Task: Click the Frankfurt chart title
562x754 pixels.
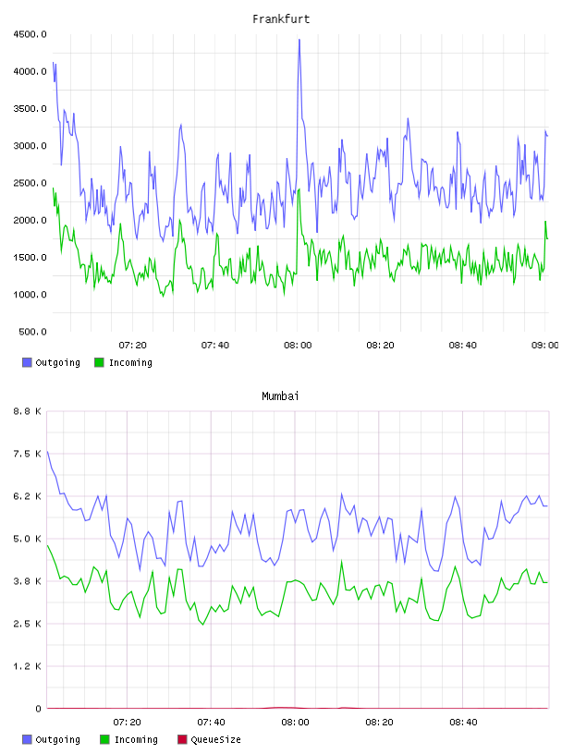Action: pos(281,19)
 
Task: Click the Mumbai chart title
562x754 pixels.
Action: pos(280,396)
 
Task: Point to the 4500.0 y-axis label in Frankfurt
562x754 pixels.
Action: pos(30,34)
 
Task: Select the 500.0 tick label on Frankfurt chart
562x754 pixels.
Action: pos(32,332)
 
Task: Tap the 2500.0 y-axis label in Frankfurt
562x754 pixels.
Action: pos(30,183)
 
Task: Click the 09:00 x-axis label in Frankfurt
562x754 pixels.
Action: pos(544,346)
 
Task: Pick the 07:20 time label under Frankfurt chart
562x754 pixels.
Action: pos(133,346)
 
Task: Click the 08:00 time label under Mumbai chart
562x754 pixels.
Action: pos(295,723)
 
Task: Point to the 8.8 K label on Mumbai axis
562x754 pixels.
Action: pos(27,411)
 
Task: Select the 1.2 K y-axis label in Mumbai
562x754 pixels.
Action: pos(27,666)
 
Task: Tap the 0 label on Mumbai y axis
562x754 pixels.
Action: pos(38,709)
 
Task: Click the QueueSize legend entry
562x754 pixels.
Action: pos(209,739)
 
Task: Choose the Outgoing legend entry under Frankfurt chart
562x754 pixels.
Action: pos(51,362)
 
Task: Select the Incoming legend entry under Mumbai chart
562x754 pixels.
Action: pos(129,739)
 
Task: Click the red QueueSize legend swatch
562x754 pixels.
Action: pos(182,739)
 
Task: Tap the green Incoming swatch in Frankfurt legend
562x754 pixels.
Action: pos(99,362)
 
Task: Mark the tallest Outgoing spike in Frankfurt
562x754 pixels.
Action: pos(299,41)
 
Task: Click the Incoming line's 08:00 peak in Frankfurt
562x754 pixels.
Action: pos(299,190)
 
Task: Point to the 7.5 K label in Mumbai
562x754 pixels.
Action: pos(27,454)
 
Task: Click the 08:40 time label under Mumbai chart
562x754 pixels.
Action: pos(463,723)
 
